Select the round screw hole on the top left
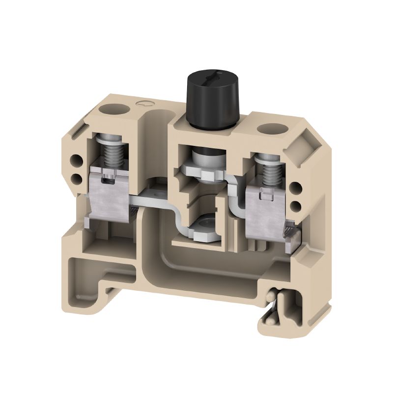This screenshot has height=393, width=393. pyautogui.click(x=110, y=108)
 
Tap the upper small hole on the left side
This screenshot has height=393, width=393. pyautogui.click(x=77, y=160)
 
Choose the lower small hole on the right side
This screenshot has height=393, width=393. pyautogui.click(x=298, y=204)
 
